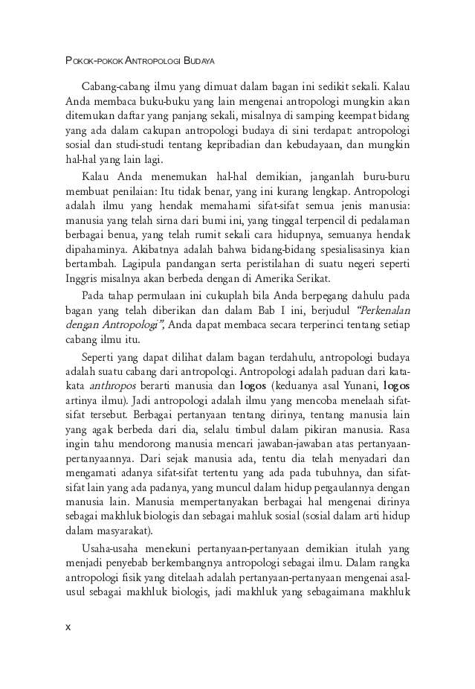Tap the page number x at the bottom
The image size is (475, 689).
click(x=68, y=626)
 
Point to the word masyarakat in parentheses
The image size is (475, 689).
click(x=124, y=531)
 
